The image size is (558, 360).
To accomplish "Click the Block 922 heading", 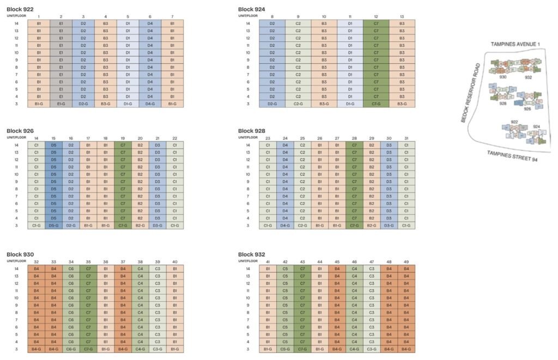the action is coord(20,9).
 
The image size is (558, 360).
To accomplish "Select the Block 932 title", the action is coord(252,254).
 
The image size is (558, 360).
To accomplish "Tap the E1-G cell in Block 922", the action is coord(61,104).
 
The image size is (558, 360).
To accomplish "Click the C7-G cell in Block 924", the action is coord(376,104).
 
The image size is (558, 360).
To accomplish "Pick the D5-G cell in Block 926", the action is coord(53,225).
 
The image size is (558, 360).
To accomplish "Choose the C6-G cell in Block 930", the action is coord(71,349).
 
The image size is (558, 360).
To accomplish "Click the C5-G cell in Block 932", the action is coord(285,349).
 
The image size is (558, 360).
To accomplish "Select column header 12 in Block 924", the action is coord(376,17).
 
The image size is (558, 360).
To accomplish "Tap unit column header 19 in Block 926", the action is coord(123,138).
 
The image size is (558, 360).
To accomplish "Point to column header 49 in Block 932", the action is coord(406,262).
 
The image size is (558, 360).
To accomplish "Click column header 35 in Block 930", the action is coord(88,262).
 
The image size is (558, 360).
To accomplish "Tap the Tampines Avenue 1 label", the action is coord(515,44).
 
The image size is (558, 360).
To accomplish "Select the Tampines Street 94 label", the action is coord(512,156).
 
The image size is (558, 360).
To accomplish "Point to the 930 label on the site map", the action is coord(502,77).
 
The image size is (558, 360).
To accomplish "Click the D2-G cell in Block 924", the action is coord(272,104).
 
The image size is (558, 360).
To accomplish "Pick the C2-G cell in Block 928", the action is coord(302,225).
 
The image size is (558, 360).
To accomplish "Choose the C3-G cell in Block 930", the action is coord(157,349).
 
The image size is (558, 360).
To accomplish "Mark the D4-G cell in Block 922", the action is coord(150,104).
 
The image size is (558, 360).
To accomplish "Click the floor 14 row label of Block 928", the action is coord(248,145).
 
